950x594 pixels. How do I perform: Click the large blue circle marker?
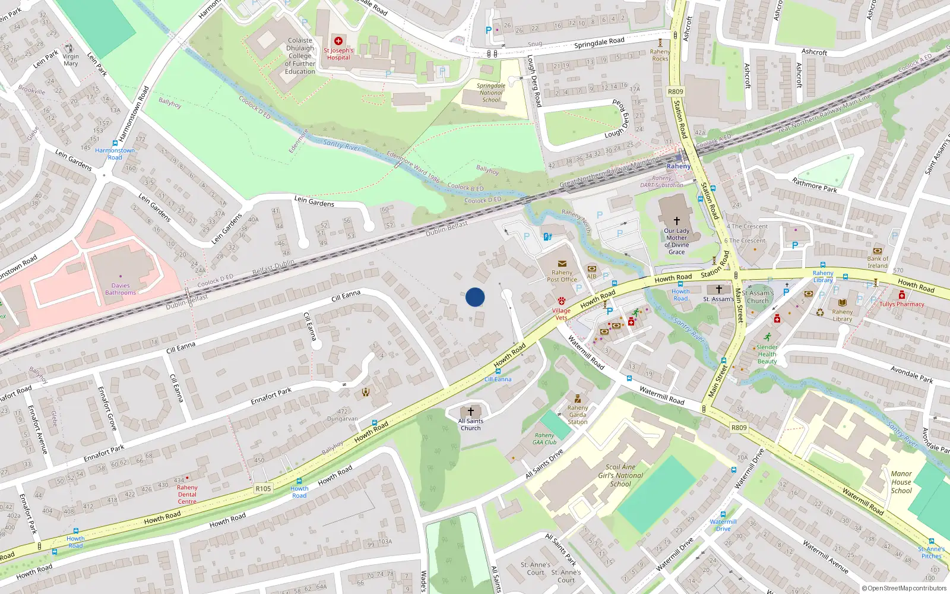pos(475,297)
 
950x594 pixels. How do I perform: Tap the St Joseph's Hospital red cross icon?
pos(338,41)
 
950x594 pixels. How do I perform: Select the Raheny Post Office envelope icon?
pos(562,264)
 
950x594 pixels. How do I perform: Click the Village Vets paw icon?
pos(561,302)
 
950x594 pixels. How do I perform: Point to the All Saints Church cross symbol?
pos(471,411)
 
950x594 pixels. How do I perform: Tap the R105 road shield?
pos(263,488)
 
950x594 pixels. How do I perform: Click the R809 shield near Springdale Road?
pos(676,91)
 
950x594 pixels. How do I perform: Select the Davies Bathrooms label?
pos(121,289)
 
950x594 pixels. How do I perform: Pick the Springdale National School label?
pos(491,93)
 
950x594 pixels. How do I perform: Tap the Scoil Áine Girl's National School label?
pos(620,475)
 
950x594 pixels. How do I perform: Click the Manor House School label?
pos(901,482)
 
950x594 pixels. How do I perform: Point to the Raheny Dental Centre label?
pos(187,494)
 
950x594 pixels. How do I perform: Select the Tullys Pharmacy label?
pos(901,304)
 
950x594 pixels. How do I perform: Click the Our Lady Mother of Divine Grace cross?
pos(676,220)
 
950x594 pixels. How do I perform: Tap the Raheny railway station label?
pos(678,166)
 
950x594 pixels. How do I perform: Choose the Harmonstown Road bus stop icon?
pos(115,143)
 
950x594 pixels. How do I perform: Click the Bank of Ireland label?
pos(878,262)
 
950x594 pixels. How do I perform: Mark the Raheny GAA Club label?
pos(544,438)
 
